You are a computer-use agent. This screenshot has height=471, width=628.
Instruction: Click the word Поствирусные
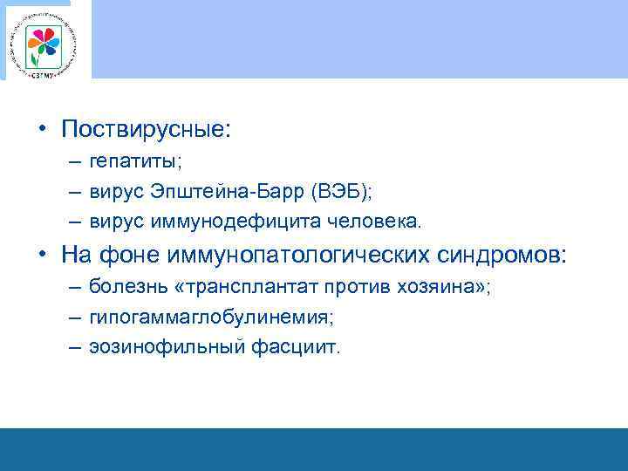point(146,130)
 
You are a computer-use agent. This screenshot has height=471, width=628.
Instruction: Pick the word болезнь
point(121,289)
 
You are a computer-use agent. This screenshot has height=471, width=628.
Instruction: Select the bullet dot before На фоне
point(42,256)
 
